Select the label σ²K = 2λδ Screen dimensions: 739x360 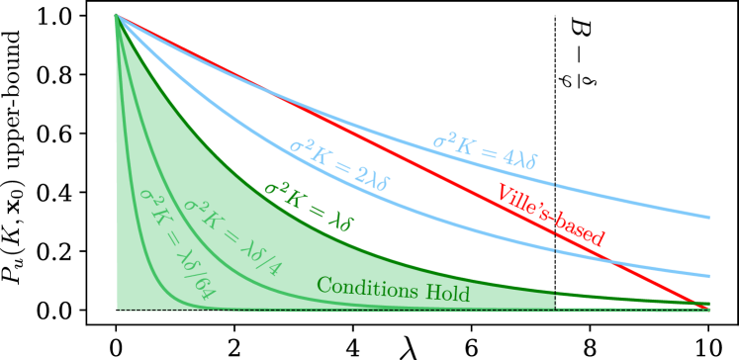click(x=340, y=166)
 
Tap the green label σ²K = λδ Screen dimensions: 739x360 click(x=308, y=206)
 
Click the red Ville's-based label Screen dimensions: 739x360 click(x=550, y=214)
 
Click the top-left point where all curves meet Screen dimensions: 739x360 click(x=117, y=15)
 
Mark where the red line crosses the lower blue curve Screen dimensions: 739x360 click(x=614, y=262)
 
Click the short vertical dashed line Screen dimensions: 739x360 click(x=556, y=301)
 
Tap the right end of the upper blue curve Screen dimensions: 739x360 click(x=708, y=217)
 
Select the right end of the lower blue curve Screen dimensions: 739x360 click(x=708, y=276)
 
